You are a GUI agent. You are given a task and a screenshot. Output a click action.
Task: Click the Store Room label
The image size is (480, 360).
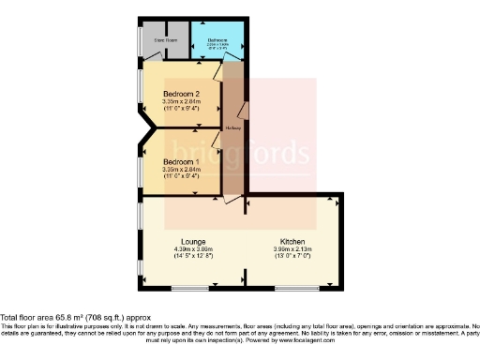pyautogui.click(x=165, y=41)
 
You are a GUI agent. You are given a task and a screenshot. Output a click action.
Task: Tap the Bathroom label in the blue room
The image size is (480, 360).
pyautogui.click(x=217, y=40)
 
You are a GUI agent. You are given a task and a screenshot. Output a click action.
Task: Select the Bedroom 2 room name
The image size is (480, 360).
pyautogui.click(x=182, y=95)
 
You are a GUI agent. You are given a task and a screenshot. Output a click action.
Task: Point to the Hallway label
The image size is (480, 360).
pyautogui.click(x=234, y=127)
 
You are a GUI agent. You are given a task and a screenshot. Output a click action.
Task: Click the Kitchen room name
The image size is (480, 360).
pyautogui.click(x=292, y=241)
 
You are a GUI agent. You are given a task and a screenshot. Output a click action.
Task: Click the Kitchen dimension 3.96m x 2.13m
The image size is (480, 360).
pyautogui.click(x=292, y=248)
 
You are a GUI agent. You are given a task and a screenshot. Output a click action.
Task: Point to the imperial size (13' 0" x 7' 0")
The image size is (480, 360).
pyautogui.click(x=292, y=256)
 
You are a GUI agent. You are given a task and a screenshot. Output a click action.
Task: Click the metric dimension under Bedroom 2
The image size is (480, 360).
pyautogui.click(x=182, y=102)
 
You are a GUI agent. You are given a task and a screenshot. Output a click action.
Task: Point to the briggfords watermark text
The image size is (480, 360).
pyautogui.click(x=251, y=153)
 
